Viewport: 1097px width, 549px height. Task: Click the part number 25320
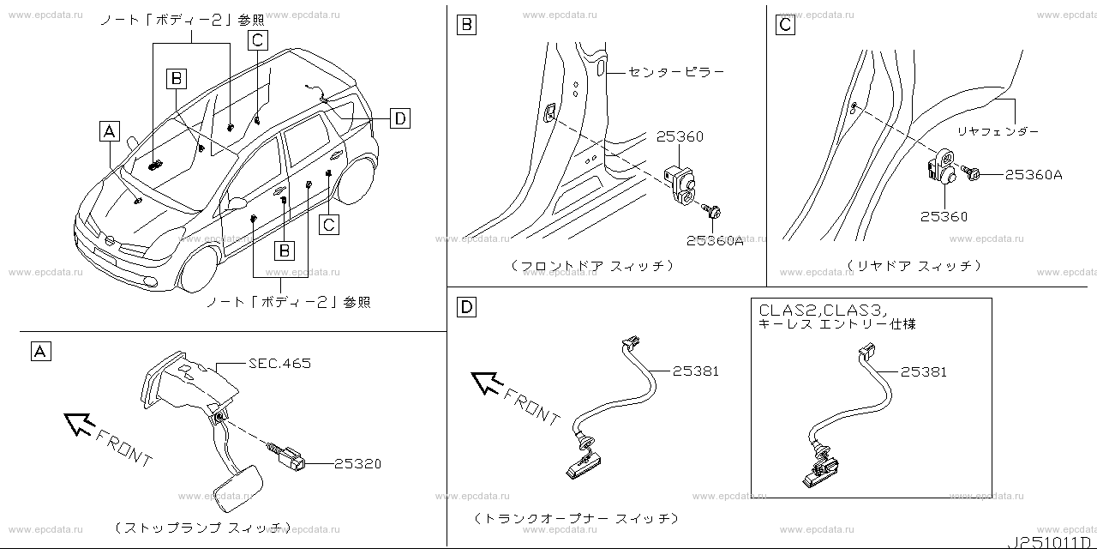[357, 464]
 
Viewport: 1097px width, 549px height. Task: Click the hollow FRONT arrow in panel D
[488, 382]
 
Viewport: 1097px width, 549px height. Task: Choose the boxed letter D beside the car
[399, 118]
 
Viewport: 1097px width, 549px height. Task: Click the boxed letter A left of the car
[109, 131]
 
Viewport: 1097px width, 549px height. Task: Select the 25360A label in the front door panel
[714, 241]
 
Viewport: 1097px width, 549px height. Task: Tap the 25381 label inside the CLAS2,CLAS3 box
[924, 371]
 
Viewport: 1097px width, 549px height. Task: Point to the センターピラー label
[676, 72]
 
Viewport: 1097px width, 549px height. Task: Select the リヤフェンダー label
[998, 131]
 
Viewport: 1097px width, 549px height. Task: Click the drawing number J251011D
[1051, 540]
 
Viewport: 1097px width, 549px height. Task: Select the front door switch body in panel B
[683, 182]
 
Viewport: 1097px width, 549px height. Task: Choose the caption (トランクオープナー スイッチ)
[576, 519]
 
